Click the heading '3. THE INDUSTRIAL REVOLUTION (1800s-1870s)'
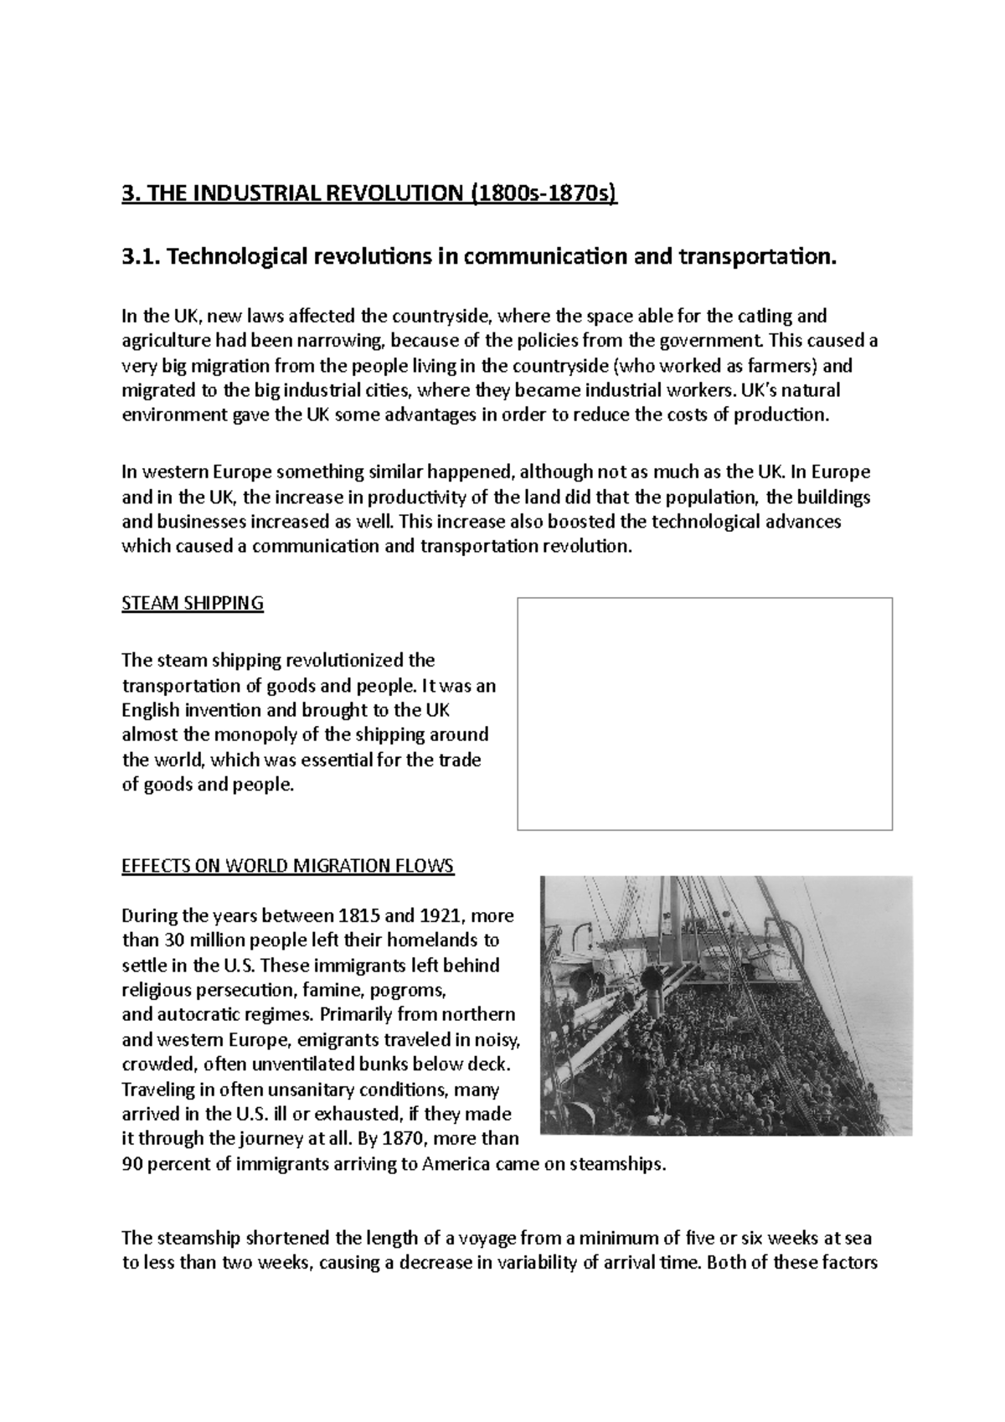(x=368, y=195)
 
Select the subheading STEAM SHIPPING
(x=193, y=603)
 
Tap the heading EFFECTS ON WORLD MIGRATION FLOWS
(x=287, y=866)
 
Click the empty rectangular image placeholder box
(x=704, y=714)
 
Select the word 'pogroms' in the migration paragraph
(x=408, y=990)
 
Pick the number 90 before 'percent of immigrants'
(x=132, y=1165)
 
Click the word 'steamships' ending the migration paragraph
(x=616, y=1165)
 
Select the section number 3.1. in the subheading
(x=139, y=256)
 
